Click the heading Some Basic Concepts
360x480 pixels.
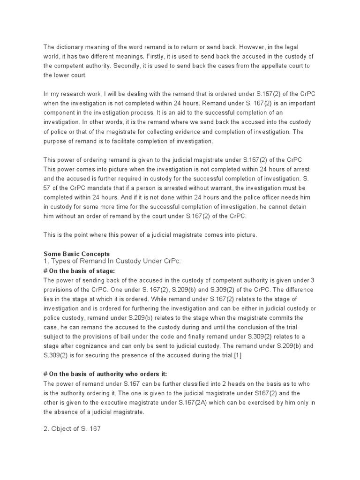pos(76,254)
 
